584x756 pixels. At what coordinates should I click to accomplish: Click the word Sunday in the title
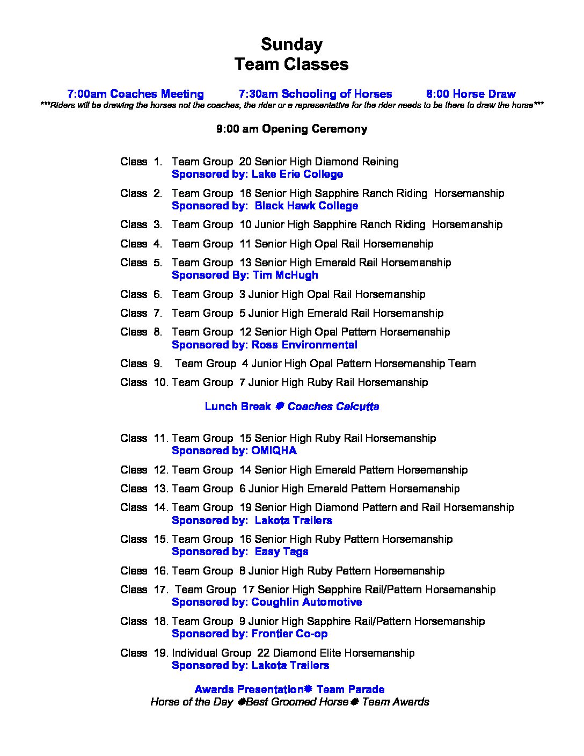291,43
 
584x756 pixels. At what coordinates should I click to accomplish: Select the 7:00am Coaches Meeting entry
135,94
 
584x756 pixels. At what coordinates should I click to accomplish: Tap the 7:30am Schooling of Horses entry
315,94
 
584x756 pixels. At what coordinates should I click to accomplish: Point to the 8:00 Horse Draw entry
471,94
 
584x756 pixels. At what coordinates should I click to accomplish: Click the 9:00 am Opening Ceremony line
291,129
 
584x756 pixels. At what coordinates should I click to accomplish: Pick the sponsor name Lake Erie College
297,174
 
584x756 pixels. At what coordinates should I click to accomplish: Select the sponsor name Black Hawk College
306,206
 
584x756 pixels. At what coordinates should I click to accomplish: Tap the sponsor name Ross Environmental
304,345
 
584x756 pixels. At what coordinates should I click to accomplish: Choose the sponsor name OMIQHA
274,450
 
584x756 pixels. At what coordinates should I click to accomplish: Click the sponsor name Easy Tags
281,551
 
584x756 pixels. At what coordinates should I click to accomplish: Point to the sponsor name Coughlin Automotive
306,602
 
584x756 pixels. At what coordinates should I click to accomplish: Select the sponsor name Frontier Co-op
289,634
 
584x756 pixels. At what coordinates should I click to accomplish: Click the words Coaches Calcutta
333,406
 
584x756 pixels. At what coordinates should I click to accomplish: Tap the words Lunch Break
238,406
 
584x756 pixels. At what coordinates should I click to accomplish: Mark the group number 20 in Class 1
245,162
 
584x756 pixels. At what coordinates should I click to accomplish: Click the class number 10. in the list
161,382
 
